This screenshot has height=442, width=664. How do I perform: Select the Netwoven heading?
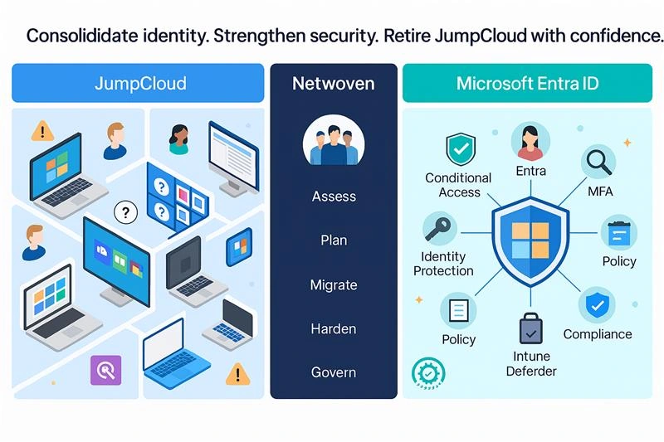334,84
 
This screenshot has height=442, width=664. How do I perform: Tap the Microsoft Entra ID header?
529,84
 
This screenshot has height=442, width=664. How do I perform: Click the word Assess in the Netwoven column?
334,197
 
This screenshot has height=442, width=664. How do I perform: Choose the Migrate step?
334,284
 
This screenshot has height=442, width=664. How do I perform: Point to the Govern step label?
334,372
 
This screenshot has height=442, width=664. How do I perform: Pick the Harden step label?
334,328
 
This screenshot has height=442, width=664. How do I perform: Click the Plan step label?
334,240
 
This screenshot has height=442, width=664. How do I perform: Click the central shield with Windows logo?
528,240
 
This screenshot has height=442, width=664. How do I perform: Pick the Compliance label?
598,334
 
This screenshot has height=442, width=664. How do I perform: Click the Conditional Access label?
458,185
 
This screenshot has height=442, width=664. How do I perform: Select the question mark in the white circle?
125,212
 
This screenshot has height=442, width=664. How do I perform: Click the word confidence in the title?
615,36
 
